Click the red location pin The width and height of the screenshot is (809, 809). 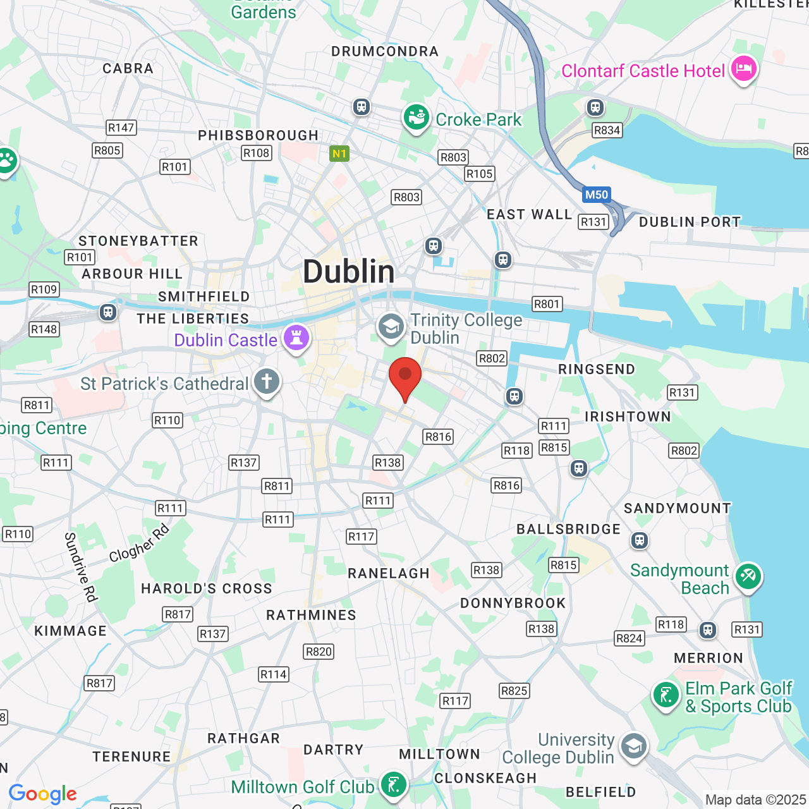pyautogui.click(x=405, y=377)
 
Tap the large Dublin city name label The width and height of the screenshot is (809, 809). pyautogui.click(x=348, y=272)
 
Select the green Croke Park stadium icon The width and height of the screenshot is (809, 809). pyautogui.click(x=416, y=118)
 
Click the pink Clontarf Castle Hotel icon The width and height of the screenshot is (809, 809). pyautogui.click(x=743, y=70)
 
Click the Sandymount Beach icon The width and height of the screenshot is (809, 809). pyautogui.click(x=748, y=577)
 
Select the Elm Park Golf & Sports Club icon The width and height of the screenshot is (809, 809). pyautogui.click(x=666, y=696)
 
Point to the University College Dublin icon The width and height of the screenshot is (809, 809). pyautogui.click(x=633, y=747)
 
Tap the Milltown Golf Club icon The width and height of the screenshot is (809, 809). pyautogui.click(x=393, y=786)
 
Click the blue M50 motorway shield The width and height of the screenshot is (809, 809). pyautogui.click(x=596, y=195)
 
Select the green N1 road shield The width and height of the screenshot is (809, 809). pyautogui.click(x=339, y=154)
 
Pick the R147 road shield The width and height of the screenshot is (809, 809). pyautogui.click(x=121, y=128)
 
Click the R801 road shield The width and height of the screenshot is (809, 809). pyautogui.click(x=547, y=304)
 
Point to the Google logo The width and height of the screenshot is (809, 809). pyautogui.click(x=43, y=794)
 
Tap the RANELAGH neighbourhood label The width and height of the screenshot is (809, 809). pyautogui.click(x=389, y=573)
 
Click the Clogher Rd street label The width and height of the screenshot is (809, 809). pyautogui.click(x=139, y=543)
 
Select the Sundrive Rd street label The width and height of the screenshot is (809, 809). pyautogui.click(x=80, y=567)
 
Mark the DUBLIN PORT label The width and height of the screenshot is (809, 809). pyautogui.click(x=690, y=222)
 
